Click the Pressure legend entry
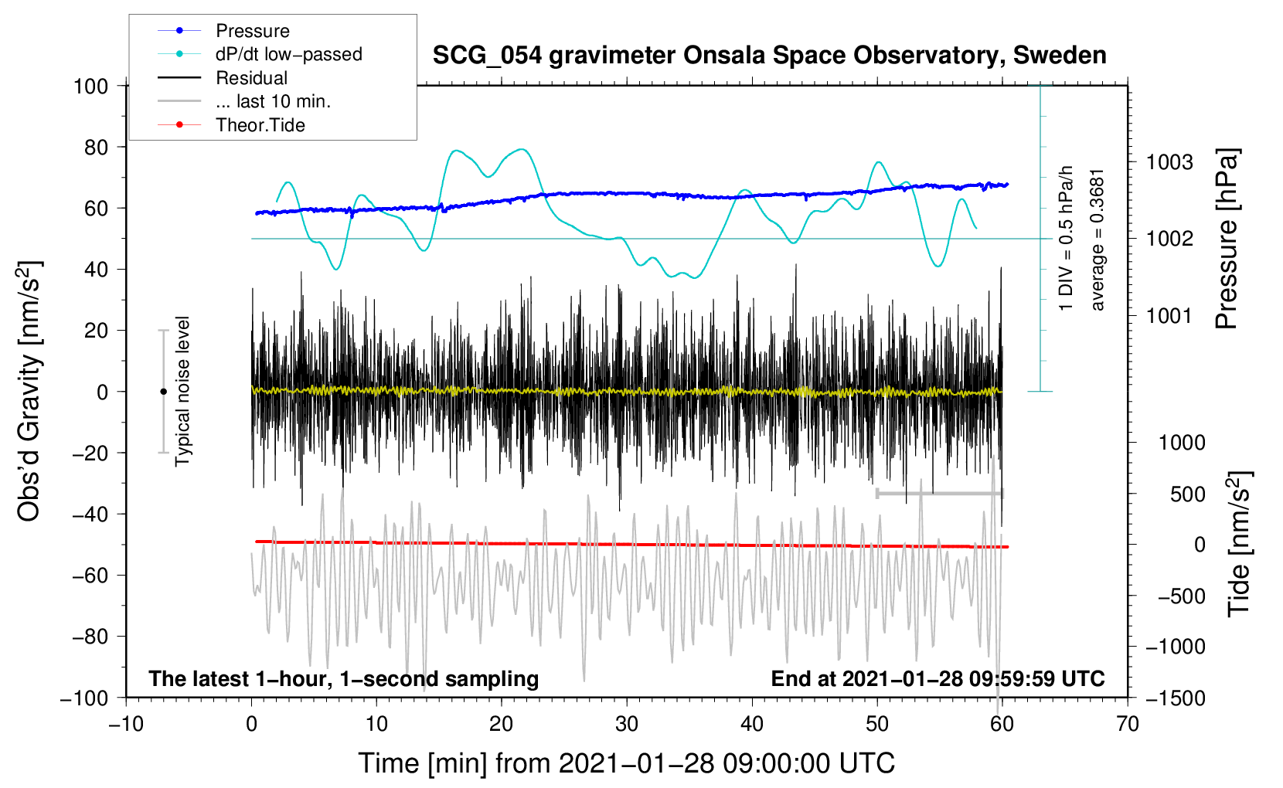(252, 31)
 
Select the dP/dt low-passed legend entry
(288, 54)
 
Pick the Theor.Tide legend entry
(260, 125)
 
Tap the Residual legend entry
(251, 78)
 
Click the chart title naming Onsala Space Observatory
(769, 56)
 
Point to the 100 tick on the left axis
(90, 86)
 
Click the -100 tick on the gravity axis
(84, 698)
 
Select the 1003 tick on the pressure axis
(1169, 162)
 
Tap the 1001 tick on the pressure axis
(1169, 315)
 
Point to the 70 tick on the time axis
(1128, 724)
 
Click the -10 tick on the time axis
(126, 724)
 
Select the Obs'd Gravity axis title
(29, 392)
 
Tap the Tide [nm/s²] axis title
(1239, 543)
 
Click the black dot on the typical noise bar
(163, 392)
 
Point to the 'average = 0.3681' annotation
(1098, 239)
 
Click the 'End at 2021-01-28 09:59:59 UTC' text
(938, 678)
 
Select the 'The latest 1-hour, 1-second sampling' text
(344, 678)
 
